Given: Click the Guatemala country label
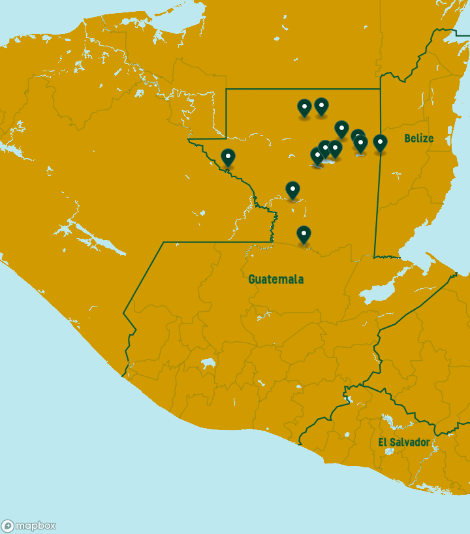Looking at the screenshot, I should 275,279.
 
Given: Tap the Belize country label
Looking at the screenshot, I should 418,138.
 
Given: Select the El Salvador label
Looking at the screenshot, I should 404,442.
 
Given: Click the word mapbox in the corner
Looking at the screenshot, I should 35,526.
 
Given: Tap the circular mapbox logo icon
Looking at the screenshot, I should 8,526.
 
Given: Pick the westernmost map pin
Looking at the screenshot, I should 228,157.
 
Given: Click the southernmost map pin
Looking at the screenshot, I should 304,234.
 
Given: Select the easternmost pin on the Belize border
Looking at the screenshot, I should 380,142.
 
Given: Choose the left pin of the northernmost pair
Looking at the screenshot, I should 304,107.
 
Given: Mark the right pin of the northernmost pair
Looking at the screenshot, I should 321,105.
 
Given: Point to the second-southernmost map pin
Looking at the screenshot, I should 292,190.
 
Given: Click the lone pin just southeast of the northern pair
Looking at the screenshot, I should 341,128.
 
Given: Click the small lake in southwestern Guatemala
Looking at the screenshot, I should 208,363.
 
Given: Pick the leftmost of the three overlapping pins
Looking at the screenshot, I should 317,156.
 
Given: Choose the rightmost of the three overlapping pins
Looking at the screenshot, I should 336,148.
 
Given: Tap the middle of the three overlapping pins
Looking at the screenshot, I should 325,148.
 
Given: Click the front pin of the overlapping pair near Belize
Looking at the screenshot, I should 361,143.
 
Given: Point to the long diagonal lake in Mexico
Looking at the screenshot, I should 98,239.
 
